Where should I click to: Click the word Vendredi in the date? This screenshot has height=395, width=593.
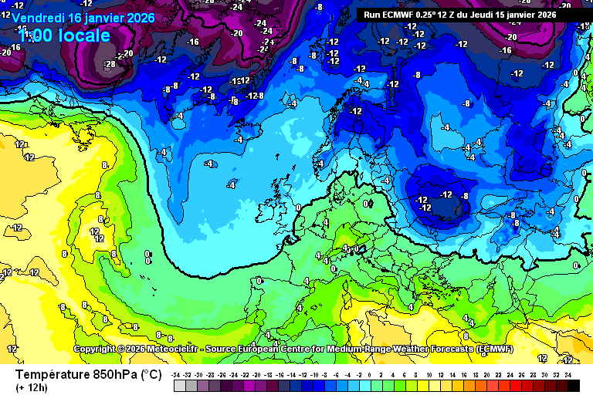point(38,17)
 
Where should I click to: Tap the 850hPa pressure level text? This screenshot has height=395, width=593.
point(116,374)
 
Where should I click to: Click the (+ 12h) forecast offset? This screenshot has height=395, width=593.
point(31,387)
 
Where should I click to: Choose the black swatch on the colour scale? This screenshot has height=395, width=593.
point(573,385)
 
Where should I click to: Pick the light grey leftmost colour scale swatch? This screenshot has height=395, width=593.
point(179,385)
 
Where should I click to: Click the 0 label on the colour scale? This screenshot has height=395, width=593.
point(370,374)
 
